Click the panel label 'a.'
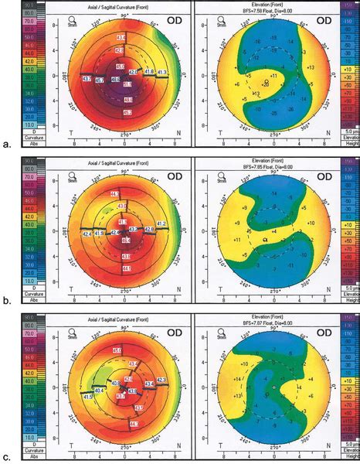point(7,144)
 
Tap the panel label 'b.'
point(7,295)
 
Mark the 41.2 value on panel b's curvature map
point(161,223)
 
